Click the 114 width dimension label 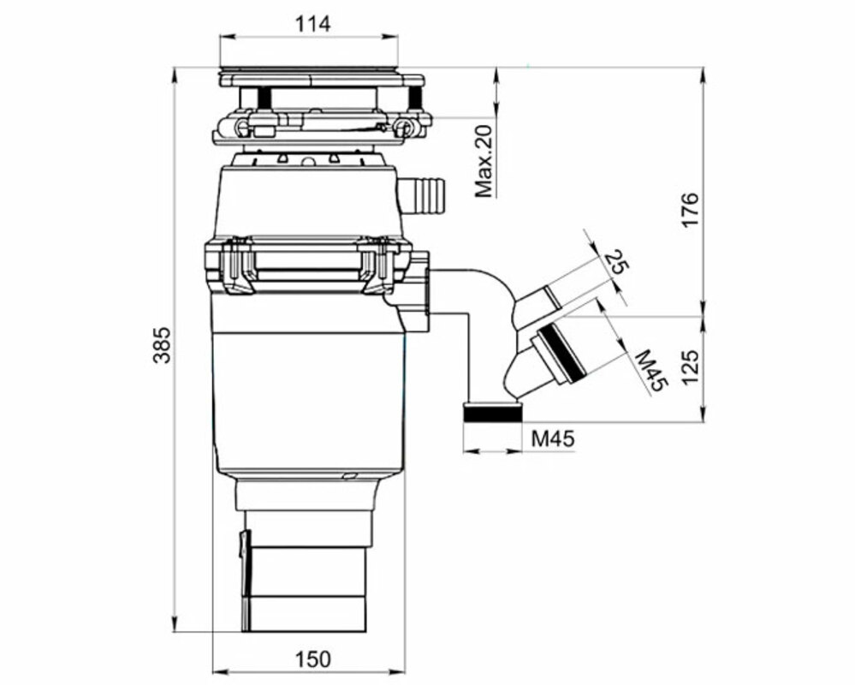[312, 25]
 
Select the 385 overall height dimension [162, 345]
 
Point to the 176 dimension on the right [690, 210]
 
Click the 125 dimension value [690, 367]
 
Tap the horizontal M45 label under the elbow [553, 438]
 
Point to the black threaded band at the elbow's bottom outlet [492, 414]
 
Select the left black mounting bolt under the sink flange [265, 98]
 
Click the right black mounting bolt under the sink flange [414, 97]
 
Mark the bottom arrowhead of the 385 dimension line [175, 623]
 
